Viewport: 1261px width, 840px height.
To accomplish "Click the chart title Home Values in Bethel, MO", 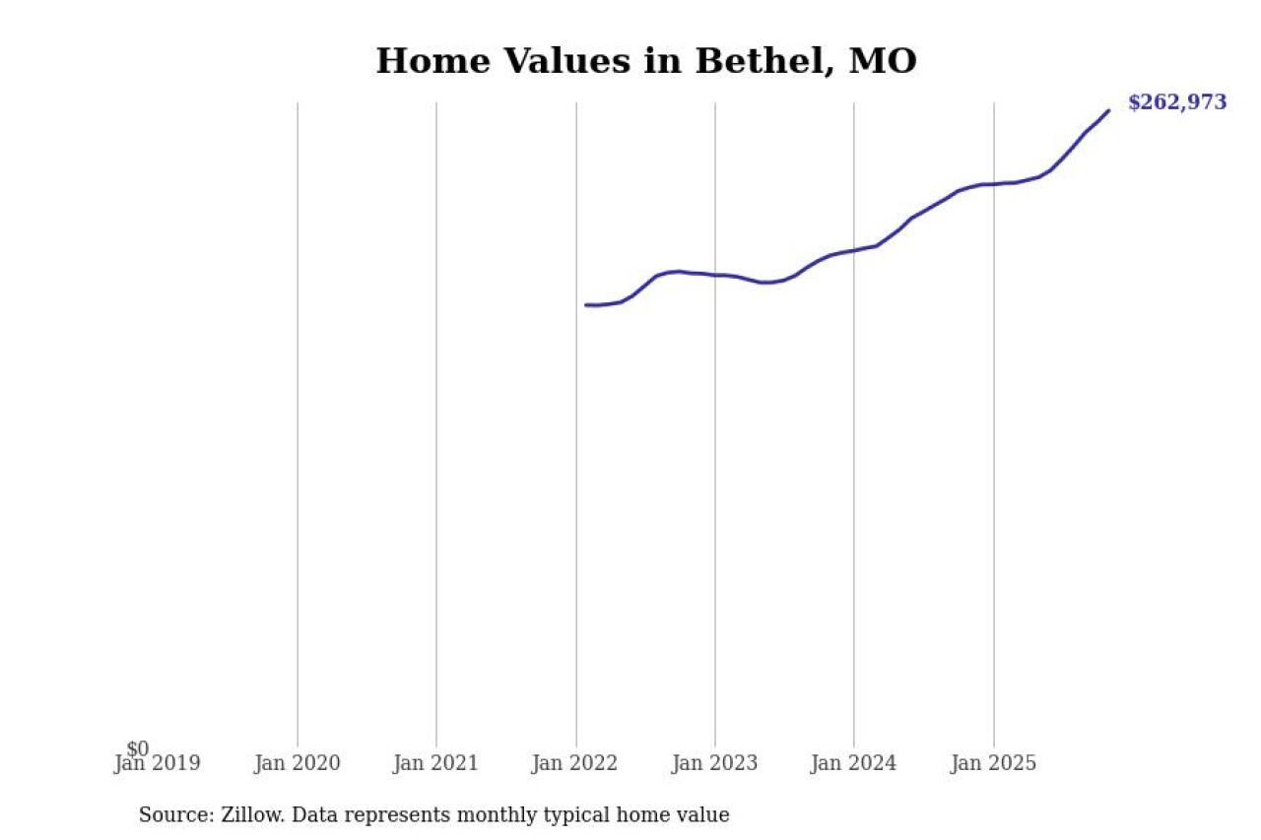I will pos(646,61).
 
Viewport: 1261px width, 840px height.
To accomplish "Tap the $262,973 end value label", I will pos(1177,102).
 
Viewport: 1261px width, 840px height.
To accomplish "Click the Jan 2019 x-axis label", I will pos(158,763).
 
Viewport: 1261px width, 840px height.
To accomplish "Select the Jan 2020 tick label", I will pos(297,763).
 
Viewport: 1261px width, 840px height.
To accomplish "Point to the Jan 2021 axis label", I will pos(435,763).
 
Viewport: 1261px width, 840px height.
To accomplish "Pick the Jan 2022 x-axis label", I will pos(575,763).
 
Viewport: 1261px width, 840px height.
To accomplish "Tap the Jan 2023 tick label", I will pos(715,763).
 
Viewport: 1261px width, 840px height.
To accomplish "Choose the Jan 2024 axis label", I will pos(854,763).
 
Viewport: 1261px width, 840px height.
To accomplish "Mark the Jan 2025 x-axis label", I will pos(993,763).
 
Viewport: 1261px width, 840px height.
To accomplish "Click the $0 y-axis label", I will pos(138,749).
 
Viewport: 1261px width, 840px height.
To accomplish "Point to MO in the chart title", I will pos(883,61).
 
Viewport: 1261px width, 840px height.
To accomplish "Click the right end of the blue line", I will pos(1109,110).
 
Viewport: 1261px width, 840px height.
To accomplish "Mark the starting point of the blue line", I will pos(585,305).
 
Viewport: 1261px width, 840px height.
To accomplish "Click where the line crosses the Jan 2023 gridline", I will pos(715,275).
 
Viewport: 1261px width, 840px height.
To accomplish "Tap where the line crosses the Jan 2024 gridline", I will pos(854,250).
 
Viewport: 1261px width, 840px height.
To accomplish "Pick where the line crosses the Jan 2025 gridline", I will pos(993,184).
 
